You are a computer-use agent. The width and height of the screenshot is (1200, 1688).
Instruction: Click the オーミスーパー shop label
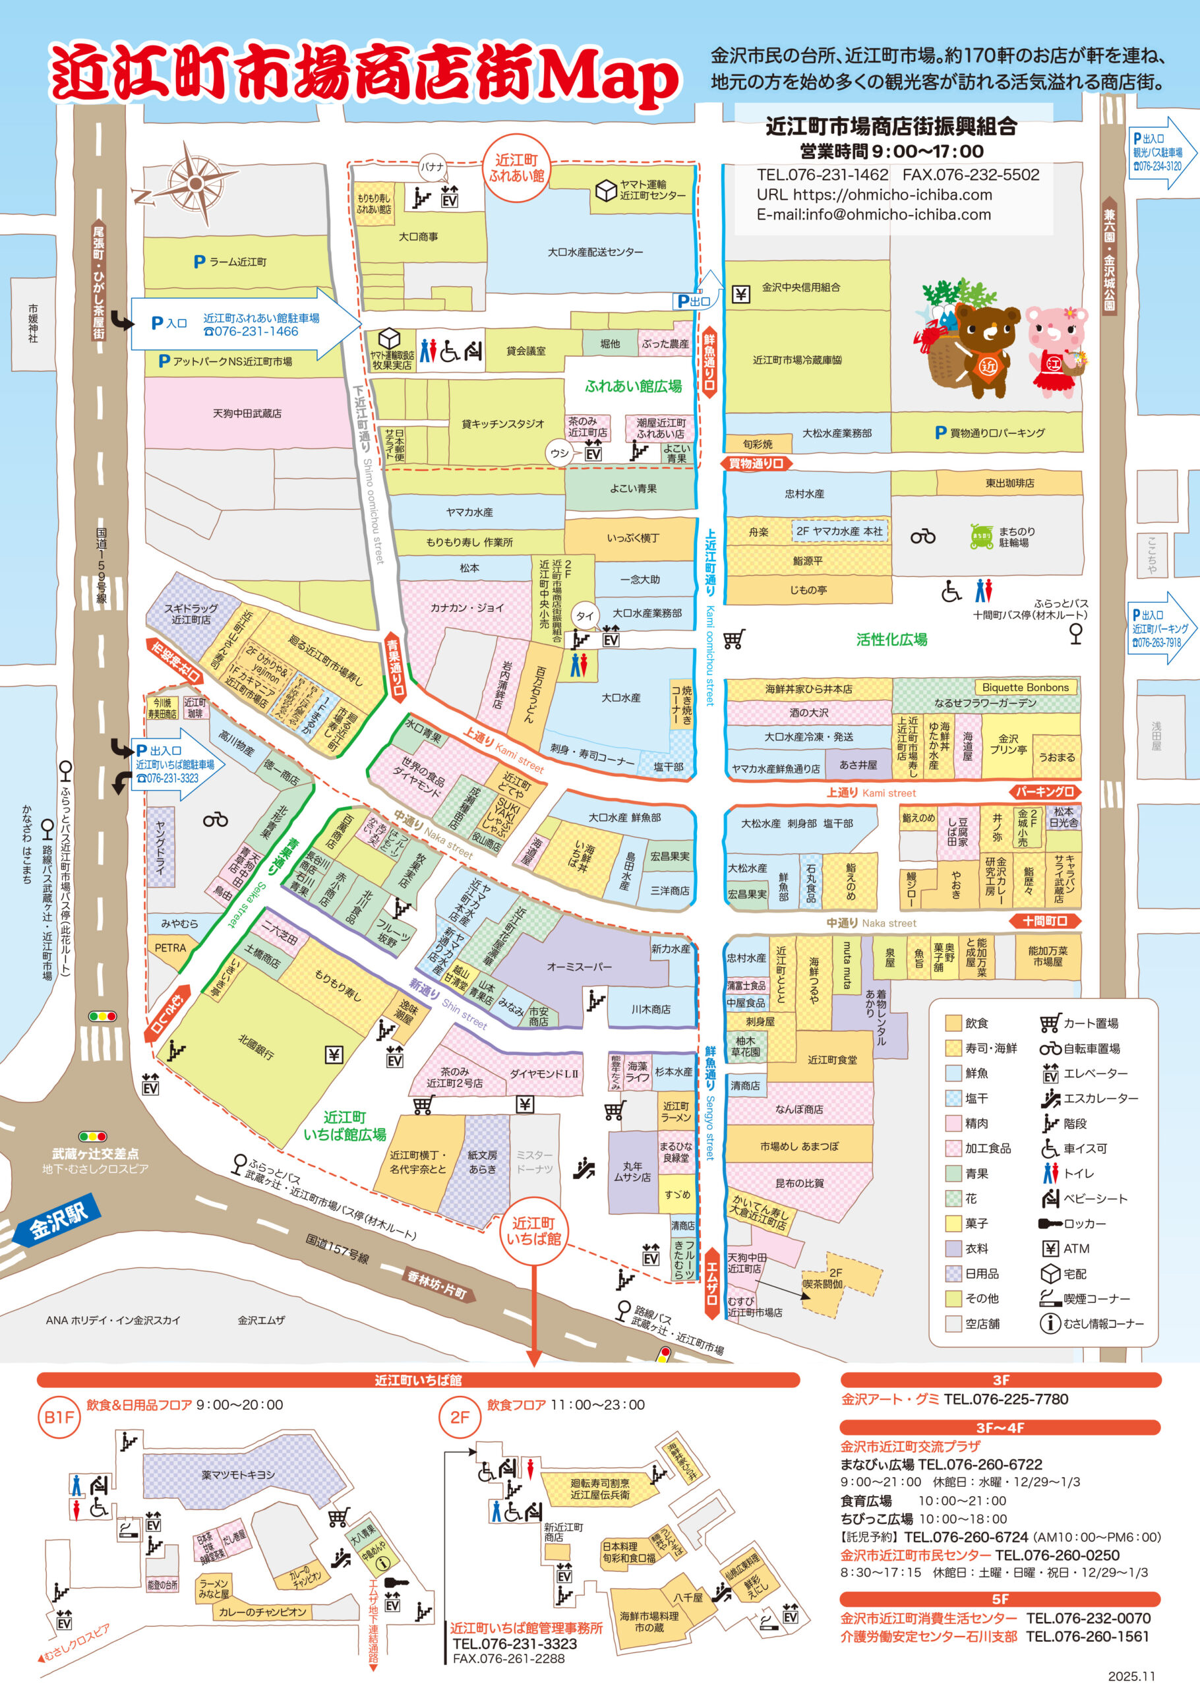pyautogui.click(x=579, y=966)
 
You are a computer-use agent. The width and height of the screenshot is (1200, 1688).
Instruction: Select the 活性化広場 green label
pyautogui.click(x=891, y=640)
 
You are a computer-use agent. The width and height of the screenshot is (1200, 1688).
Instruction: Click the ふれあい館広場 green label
pyautogui.click(x=632, y=386)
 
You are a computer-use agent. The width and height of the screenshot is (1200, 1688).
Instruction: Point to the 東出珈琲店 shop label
pyautogui.click(x=1009, y=483)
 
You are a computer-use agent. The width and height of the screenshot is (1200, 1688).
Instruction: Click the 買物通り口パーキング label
pyautogui.click(x=990, y=433)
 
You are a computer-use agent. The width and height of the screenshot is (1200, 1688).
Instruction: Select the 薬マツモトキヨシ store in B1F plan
pyautogui.click(x=238, y=1474)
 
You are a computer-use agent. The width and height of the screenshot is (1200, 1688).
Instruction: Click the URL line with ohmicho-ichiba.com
pyautogui.click(x=874, y=195)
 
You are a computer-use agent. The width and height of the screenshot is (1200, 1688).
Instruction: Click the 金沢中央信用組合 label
pyautogui.click(x=801, y=287)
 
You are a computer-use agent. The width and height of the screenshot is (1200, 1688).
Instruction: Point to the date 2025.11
pyautogui.click(x=1131, y=1675)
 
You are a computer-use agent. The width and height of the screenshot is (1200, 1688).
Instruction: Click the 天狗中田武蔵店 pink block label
pyautogui.click(x=247, y=413)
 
